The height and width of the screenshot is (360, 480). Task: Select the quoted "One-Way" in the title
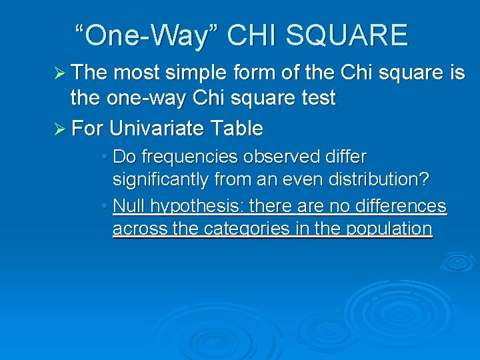pos(147,35)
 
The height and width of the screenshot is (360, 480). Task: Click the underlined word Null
pos(129,205)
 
